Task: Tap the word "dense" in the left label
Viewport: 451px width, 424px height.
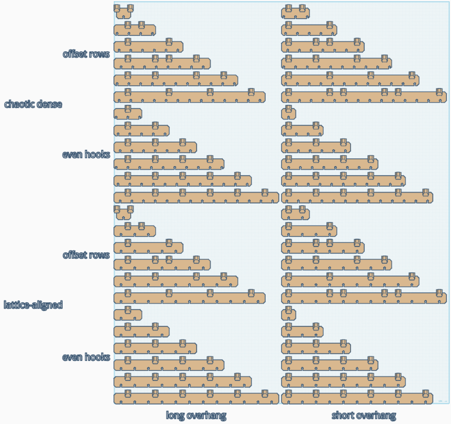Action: pos(49,104)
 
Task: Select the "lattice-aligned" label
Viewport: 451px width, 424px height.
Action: pos(33,305)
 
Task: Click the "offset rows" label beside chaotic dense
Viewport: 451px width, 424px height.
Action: pos(86,54)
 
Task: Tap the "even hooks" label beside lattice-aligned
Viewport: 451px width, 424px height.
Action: pos(86,357)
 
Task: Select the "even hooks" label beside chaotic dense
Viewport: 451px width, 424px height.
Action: pos(86,155)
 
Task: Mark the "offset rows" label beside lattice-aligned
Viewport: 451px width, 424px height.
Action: pos(86,255)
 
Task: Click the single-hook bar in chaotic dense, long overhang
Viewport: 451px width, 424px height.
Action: pos(128,113)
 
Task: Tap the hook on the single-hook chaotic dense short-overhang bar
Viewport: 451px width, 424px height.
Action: pos(289,109)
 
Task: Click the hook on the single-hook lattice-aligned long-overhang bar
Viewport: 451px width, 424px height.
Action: pos(128,310)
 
